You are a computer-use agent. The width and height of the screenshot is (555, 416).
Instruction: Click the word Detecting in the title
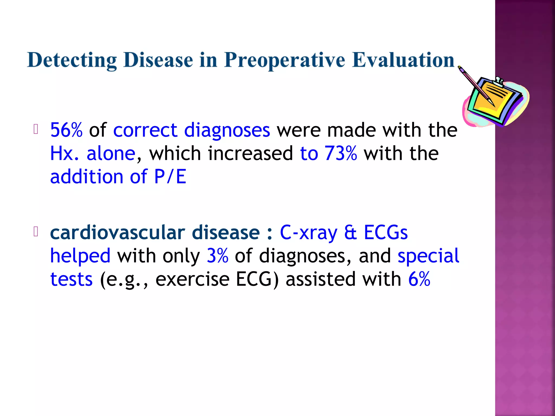coord(72,60)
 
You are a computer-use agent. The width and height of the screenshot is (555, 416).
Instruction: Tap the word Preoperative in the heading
coord(285,60)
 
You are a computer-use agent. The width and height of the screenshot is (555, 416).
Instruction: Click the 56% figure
coord(66,130)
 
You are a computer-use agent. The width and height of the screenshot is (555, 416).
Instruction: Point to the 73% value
coord(341,154)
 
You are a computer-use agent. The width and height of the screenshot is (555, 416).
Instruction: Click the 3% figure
coord(217,256)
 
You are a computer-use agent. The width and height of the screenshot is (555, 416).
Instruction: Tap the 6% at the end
coord(419,279)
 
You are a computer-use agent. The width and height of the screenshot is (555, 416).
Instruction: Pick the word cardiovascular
coord(118,233)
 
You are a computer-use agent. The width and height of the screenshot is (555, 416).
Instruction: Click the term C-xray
coord(309,233)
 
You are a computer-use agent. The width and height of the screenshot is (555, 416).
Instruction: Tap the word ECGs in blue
coord(386,233)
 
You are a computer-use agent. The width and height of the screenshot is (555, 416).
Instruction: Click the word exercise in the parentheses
coord(192,279)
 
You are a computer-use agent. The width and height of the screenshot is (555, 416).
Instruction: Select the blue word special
coord(428,256)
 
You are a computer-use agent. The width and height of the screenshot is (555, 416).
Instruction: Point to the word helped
coord(80,256)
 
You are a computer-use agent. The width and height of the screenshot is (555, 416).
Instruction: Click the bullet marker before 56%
coord(36,129)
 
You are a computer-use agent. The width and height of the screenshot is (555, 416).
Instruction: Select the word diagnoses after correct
coord(227,130)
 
